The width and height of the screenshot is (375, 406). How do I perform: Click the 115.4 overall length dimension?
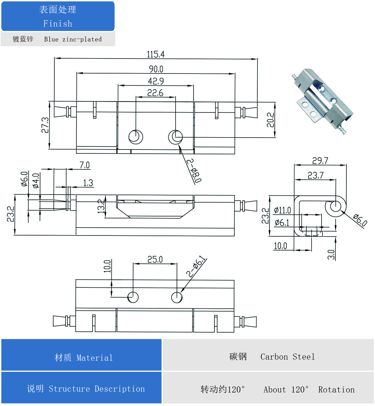tap(155, 54)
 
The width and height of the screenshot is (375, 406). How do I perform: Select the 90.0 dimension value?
tap(156, 69)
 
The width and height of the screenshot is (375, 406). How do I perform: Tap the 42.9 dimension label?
tap(156, 81)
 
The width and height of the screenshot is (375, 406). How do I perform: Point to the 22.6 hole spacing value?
tap(155, 93)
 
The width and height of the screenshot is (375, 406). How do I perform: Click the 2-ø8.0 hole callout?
tap(194, 171)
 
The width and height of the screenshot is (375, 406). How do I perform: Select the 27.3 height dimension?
tap(45, 125)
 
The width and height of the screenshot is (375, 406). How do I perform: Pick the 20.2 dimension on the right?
tap(270, 120)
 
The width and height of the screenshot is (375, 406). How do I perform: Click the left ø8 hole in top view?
tap(136, 137)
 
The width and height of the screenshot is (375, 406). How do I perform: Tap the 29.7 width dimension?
tap(320, 161)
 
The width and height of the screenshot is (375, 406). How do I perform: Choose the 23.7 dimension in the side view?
tap(315, 175)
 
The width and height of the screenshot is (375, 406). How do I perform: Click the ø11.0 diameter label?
tap(282, 210)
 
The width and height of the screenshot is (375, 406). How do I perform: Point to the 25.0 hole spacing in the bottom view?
tap(155, 260)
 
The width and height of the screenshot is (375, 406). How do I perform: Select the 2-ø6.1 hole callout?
tap(196, 266)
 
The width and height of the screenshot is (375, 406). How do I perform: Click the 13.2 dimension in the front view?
tap(101, 206)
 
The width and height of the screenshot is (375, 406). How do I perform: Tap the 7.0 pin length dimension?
tap(84, 165)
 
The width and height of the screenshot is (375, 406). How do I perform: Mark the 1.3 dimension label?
tap(88, 183)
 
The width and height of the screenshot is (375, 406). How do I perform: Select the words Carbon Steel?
tap(287, 357)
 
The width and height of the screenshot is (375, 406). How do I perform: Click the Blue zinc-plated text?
tap(73, 39)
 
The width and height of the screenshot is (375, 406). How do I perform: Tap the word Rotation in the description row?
tap(336, 390)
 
